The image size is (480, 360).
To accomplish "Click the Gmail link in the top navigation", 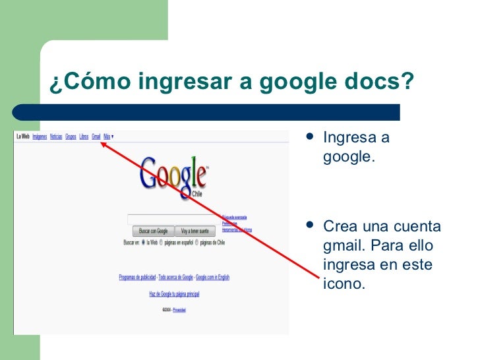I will pos(96,136).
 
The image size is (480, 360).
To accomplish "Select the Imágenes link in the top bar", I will pos(40,136).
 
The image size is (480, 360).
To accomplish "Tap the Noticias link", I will pos(56,136).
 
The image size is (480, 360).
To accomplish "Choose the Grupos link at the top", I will pos(71,136).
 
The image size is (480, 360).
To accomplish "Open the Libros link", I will pos(84,136).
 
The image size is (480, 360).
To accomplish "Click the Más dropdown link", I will pos(108,136).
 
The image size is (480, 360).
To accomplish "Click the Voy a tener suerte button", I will pos(195,231).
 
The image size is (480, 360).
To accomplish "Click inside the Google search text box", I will pos(174,220).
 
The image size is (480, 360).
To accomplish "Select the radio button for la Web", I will pos(143,242).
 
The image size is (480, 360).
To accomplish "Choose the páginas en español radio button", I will pos(162,242).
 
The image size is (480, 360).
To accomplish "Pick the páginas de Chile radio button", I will pos(196,242).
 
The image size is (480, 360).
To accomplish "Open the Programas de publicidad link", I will pos(137,278).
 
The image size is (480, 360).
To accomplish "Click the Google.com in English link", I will pos(212,278).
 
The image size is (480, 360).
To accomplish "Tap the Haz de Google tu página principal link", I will pos(174,294).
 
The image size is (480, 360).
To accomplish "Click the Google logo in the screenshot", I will pos(173,175).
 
